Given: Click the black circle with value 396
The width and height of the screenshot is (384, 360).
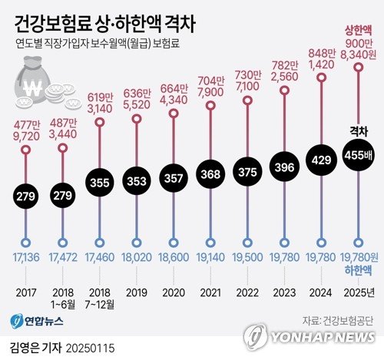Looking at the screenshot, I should point(284,170).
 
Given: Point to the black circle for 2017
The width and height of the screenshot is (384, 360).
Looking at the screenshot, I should point(26,196).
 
